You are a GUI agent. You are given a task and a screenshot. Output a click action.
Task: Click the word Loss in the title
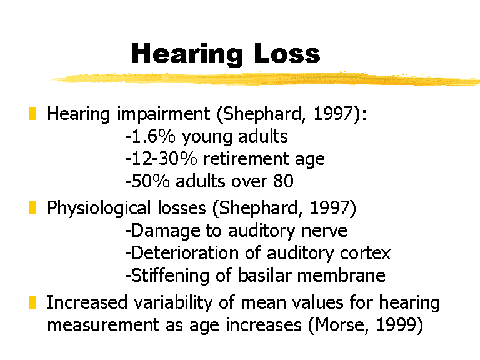tap(287, 54)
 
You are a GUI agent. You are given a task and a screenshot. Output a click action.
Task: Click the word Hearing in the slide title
tap(187, 54)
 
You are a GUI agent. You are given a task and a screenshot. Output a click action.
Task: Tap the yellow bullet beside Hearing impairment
tap(32, 114)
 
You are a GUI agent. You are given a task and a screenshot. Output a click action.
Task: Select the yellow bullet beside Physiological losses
tap(32, 208)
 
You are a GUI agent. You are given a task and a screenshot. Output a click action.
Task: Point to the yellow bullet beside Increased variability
tap(32, 302)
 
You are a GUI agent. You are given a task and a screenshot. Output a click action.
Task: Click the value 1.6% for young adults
tap(153, 136)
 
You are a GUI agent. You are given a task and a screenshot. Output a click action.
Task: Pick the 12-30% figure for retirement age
tap(164, 159)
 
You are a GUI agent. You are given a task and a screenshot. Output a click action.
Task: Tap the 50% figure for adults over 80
tap(150, 181)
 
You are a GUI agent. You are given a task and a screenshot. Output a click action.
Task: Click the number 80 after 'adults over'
tap(284, 181)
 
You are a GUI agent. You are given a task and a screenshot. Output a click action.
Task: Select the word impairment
tap(164, 114)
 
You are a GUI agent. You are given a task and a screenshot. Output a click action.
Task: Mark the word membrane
tap(341, 275)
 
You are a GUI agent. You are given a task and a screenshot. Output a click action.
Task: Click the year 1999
tap(396, 325)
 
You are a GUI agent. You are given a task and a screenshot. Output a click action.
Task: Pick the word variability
tap(173, 303)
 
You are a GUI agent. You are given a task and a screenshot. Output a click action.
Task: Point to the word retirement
tap(246, 159)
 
